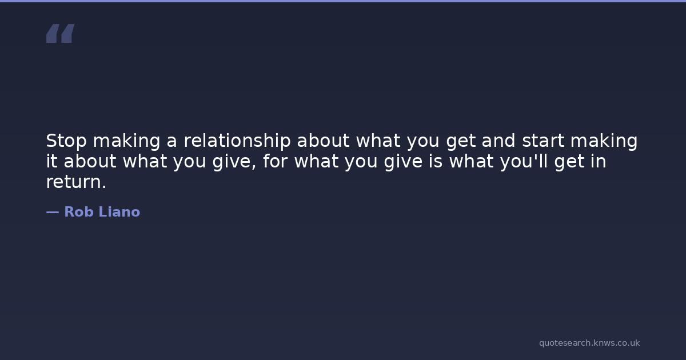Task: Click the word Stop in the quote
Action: [66, 141]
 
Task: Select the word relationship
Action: [237, 141]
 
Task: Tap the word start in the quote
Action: [543, 141]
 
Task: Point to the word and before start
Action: [498, 141]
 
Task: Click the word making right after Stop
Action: [126, 141]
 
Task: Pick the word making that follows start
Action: [604, 141]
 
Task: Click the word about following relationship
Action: [323, 141]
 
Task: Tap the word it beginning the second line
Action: [52, 161]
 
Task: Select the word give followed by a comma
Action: [234, 162]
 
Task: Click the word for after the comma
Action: [276, 161]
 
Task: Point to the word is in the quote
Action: [436, 161]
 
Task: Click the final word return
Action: [76, 182]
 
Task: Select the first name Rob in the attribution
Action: [79, 212]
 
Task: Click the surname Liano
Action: [119, 212]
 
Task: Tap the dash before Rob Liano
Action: [53, 212]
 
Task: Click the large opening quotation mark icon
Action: [61, 33]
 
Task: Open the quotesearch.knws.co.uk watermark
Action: [589, 343]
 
